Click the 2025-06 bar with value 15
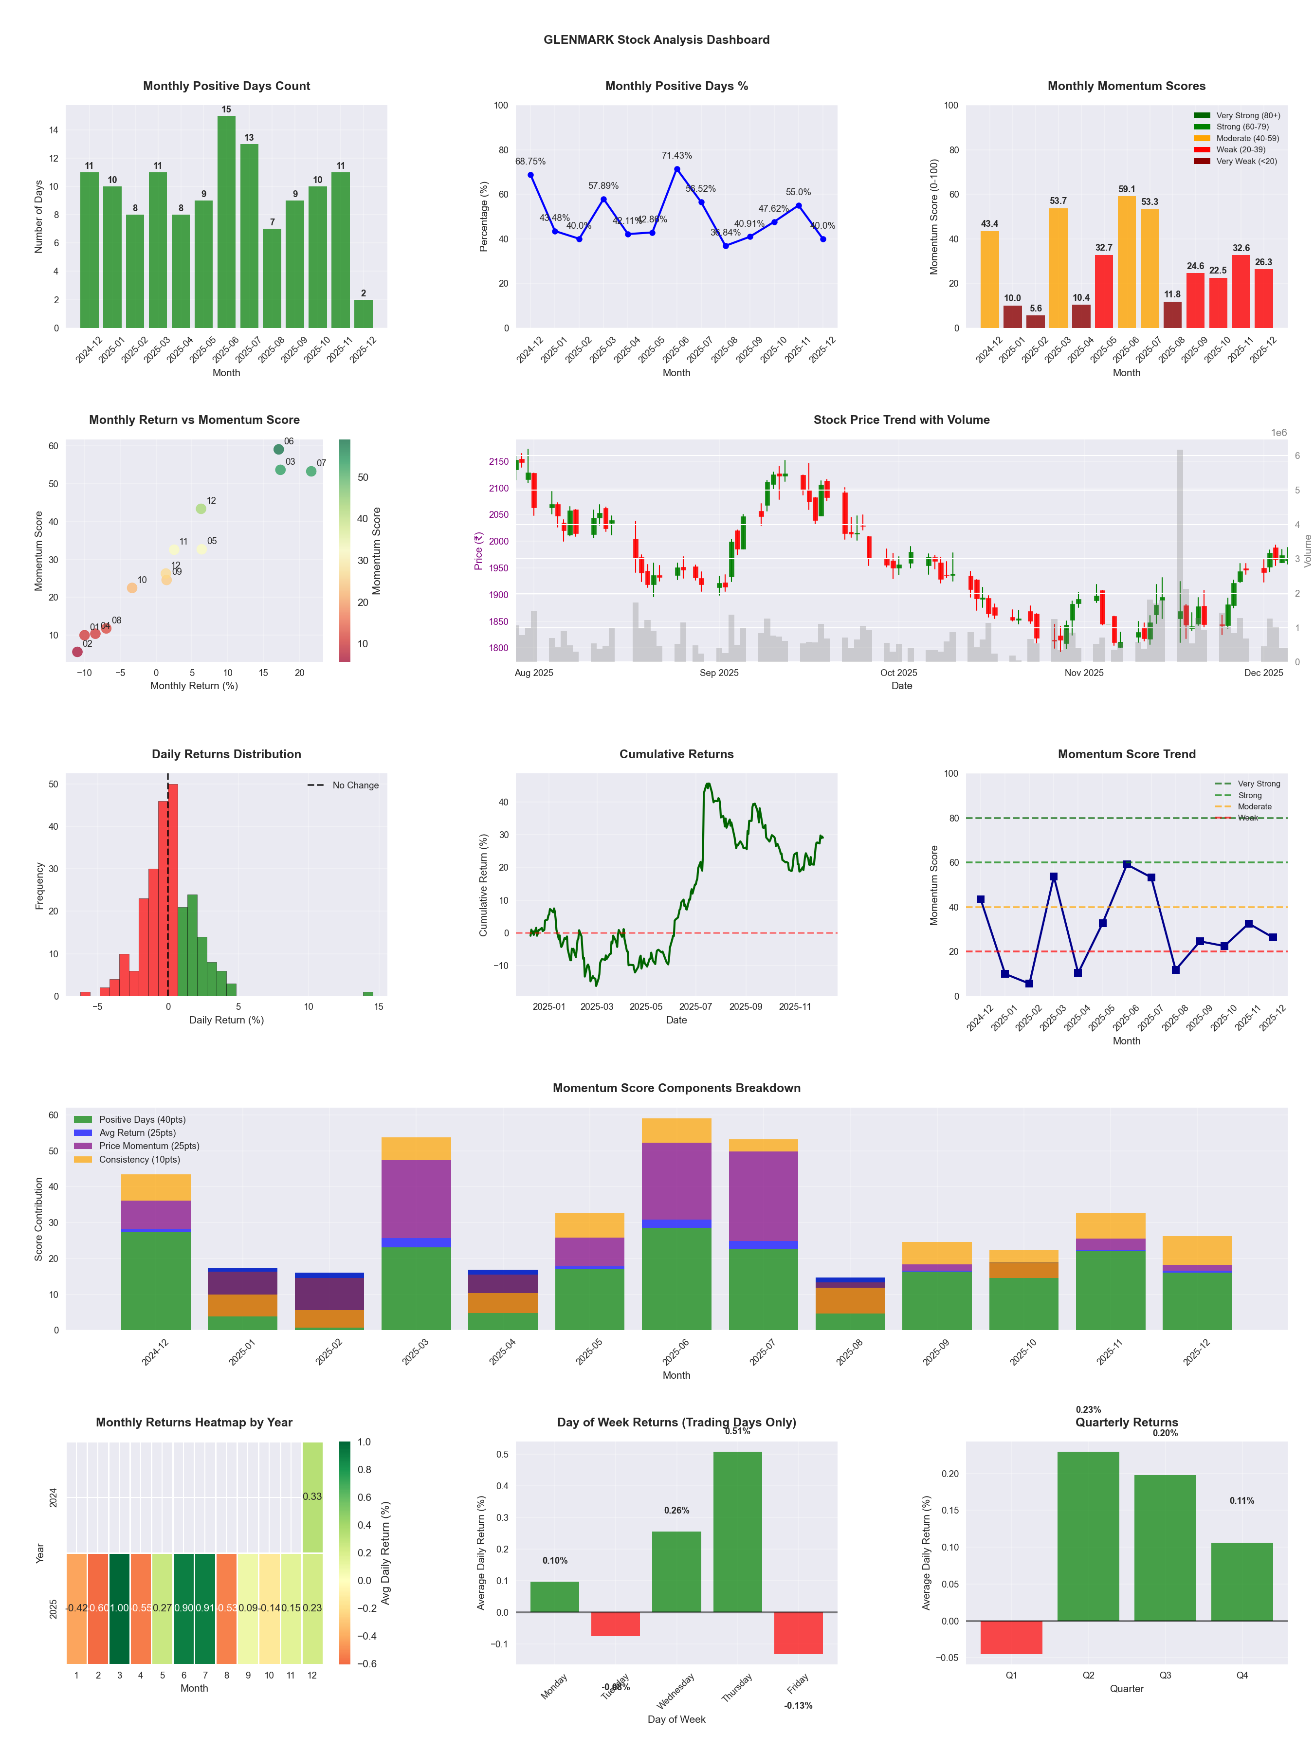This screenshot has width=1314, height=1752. (x=226, y=222)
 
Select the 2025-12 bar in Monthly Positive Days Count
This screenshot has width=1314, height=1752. (x=364, y=313)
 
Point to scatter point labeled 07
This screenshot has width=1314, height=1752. (x=311, y=471)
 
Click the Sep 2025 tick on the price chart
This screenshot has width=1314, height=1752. (x=718, y=673)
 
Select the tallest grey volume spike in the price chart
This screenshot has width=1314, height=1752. (x=1179, y=554)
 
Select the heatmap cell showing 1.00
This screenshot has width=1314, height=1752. (x=120, y=1608)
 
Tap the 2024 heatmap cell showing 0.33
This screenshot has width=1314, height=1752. (x=312, y=1496)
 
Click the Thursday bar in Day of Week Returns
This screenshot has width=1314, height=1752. (x=737, y=1532)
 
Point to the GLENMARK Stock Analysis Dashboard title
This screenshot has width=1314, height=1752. (x=656, y=39)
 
